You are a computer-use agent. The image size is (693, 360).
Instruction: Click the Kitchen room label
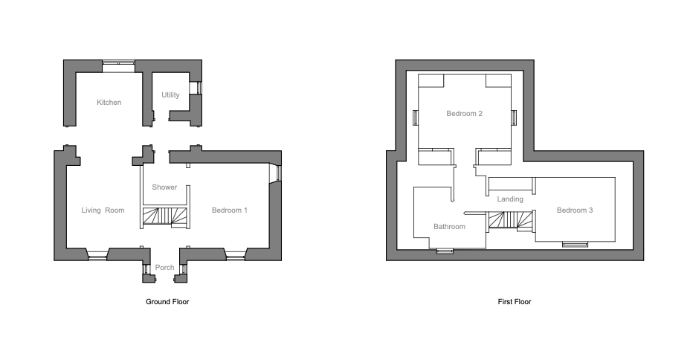[x=109, y=102]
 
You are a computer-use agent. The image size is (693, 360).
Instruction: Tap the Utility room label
[x=170, y=94]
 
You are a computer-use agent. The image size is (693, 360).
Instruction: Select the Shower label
[x=164, y=187]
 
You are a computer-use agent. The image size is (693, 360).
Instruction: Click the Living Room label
[x=103, y=210]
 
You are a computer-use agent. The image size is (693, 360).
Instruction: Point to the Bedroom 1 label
[x=229, y=210]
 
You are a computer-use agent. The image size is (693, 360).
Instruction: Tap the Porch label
[x=164, y=267]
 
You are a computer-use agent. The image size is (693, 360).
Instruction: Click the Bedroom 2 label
[x=464, y=113]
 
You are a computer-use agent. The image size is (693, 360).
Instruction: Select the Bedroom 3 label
[x=575, y=210]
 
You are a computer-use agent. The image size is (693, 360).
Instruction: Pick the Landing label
[x=510, y=199]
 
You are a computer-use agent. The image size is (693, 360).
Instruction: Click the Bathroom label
[x=449, y=226]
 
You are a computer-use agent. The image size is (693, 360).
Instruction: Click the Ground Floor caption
[x=167, y=302]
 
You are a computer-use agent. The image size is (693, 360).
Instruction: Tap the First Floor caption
[x=515, y=302]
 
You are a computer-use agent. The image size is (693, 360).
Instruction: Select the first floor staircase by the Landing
[x=511, y=221]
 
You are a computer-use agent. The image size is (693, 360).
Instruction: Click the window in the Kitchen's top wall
[x=118, y=66]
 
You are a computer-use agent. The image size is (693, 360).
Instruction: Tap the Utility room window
[x=196, y=88]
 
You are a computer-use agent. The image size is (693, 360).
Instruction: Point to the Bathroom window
[x=445, y=251]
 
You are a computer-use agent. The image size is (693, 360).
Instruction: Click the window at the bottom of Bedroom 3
[x=575, y=244]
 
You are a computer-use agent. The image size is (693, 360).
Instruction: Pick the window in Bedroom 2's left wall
[x=416, y=118]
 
